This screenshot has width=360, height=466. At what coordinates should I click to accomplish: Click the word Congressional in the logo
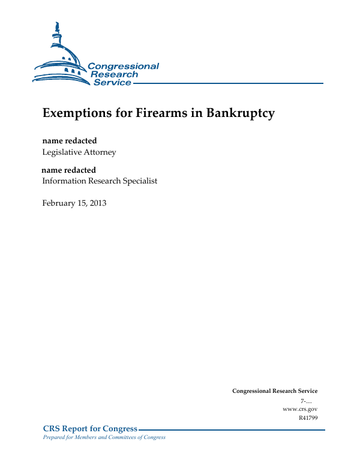(123, 67)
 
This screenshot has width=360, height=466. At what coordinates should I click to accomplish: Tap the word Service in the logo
(112, 83)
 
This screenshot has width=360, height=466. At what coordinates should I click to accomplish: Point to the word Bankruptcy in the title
(241, 113)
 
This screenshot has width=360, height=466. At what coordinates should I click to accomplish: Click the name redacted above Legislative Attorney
(69, 141)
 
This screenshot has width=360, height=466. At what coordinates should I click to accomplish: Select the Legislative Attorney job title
(79, 152)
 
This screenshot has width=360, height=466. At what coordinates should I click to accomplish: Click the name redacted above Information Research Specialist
(68, 170)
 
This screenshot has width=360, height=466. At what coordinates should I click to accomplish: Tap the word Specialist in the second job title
(138, 181)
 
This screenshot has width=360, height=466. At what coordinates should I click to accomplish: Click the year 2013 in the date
(97, 203)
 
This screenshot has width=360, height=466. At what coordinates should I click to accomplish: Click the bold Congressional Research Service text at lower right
(275, 391)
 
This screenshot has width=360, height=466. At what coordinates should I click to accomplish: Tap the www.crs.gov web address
(299, 409)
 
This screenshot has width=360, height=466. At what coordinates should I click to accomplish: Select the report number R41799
(308, 417)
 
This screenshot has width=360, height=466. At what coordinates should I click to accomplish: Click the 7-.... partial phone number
(308, 401)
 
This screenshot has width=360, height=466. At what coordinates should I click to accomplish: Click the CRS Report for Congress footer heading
(90, 429)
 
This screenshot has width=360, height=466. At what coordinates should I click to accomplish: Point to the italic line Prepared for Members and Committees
(100, 437)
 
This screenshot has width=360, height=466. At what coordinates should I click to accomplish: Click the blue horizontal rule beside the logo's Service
(228, 83)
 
